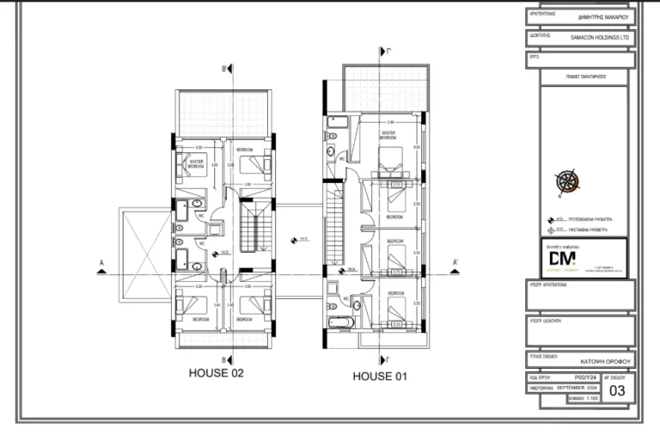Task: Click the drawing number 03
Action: [617, 390]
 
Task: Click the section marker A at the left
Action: [101, 265]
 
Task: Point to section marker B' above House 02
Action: [224, 68]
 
